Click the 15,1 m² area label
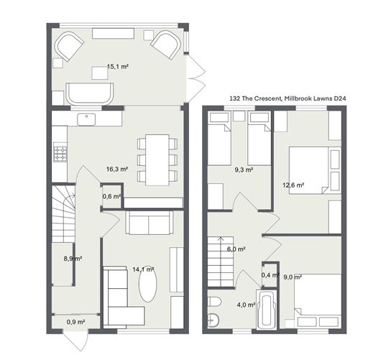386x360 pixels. click(118, 66)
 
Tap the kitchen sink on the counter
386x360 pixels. click(86, 119)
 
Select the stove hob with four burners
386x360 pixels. click(60, 154)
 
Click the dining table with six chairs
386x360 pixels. click(157, 160)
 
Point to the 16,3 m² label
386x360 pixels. click(117, 169)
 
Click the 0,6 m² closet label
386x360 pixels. click(111, 196)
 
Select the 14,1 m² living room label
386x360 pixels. click(143, 269)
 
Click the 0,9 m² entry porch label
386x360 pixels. click(75, 322)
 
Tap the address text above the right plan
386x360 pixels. click(288, 98)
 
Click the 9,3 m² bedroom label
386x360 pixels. click(244, 170)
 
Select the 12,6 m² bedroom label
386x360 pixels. click(293, 185)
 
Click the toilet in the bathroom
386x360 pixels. click(214, 302)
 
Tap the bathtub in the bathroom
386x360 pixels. click(267, 310)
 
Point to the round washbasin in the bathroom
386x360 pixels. click(213, 320)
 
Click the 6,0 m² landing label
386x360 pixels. click(236, 249)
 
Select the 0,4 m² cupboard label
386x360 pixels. click(270, 275)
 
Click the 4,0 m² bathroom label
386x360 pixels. click(246, 305)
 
